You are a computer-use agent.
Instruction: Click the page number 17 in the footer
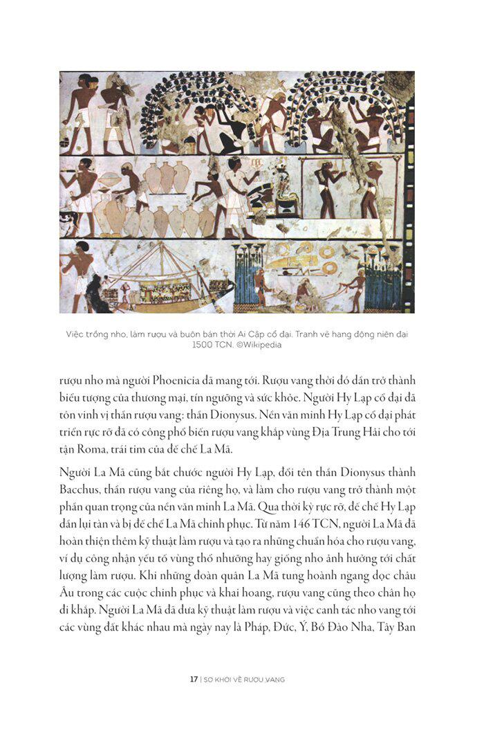click(194, 679)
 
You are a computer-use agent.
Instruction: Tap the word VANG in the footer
click(274, 679)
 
